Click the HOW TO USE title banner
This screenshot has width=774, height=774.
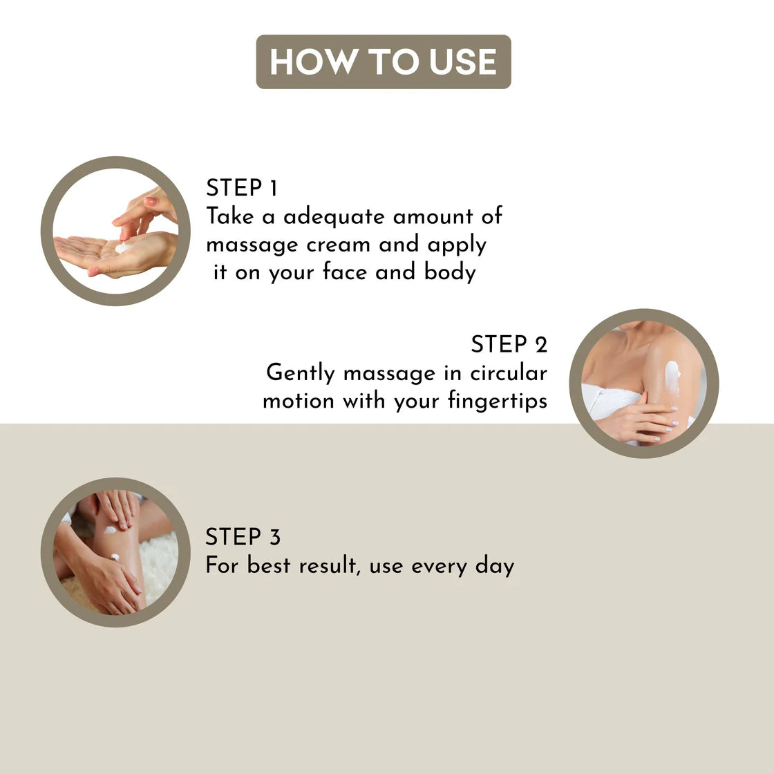[384, 62]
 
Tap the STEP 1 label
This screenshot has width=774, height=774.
[242, 187]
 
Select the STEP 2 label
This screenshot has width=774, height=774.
[509, 344]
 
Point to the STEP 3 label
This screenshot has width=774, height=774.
[243, 536]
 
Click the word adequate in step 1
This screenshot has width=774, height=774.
[334, 218]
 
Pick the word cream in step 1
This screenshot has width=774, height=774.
[338, 245]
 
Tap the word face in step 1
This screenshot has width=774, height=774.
[344, 272]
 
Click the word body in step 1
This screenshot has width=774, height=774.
[450, 273]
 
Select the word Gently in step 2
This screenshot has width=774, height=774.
[300, 373]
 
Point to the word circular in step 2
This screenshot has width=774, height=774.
[509, 372]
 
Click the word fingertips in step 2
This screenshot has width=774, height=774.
[498, 401]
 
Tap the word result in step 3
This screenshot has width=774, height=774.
[328, 565]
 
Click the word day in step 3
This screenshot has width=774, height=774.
[495, 566]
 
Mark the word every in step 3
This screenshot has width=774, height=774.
[439, 567]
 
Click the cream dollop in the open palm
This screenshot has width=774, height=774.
[123, 246]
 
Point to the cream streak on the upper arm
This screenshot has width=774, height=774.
[672, 377]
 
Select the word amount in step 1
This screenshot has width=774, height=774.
[433, 217]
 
